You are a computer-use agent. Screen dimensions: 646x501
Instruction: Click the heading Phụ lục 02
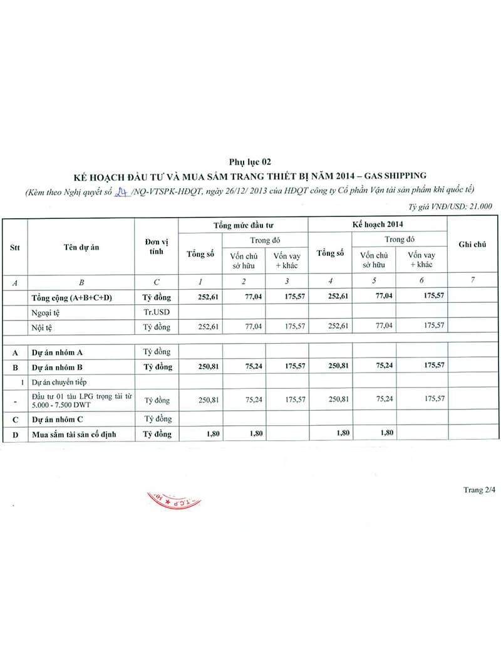pyautogui.click(x=250, y=162)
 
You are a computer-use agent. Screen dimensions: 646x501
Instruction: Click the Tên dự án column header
pyautogui.click(x=81, y=246)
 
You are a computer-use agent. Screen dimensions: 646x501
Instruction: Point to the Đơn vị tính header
pyautogui.click(x=157, y=246)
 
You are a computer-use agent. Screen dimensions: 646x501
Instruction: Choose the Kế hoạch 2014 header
pyautogui.click(x=378, y=224)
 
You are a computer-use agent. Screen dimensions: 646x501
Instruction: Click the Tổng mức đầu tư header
pyautogui.click(x=243, y=224)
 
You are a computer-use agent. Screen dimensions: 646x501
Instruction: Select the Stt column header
pyautogui.click(x=14, y=246)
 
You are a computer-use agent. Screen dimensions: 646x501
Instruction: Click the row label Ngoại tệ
pyautogui.click(x=46, y=312)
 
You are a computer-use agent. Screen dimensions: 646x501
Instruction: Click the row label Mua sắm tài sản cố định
pyautogui.click(x=74, y=433)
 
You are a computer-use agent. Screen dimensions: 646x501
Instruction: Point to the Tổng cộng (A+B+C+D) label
pyautogui.click(x=71, y=297)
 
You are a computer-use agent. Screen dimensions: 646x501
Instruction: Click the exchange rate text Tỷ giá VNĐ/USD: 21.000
pyautogui.click(x=450, y=205)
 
